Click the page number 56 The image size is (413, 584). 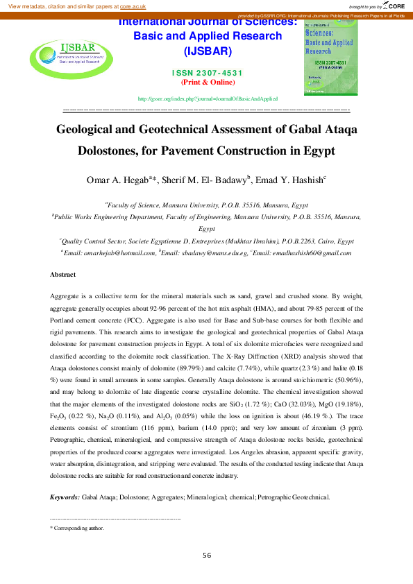tap(206, 556)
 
